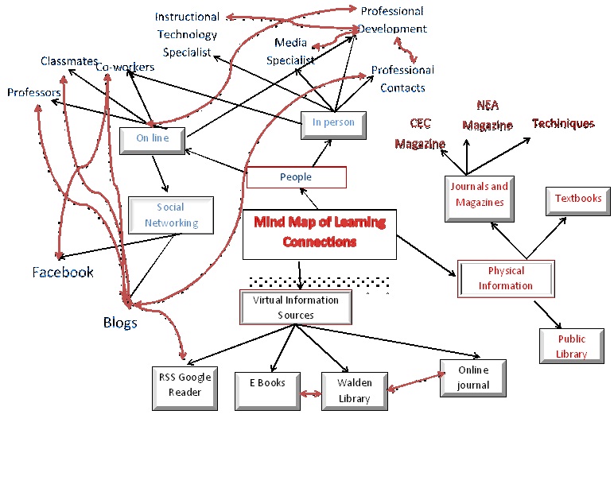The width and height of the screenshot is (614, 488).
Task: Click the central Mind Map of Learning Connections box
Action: (x=319, y=231)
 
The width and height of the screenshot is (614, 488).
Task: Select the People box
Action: (x=296, y=177)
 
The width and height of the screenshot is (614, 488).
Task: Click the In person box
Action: (x=332, y=123)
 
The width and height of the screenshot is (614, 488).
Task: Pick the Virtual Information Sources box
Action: (x=296, y=308)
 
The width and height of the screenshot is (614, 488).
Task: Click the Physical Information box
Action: (x=505, y=278)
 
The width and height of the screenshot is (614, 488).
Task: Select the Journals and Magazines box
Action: (x=480, y=196)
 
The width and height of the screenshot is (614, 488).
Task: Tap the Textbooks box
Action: (x=578, y=199)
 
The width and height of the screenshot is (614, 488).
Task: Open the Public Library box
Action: (x=571, y=347)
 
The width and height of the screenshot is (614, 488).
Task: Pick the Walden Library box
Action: (x=354, y=390)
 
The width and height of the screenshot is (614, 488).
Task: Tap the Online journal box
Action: (x=473, y=378)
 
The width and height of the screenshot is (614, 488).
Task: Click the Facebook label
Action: (x=63, y=273)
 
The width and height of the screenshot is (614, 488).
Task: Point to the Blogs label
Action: (x=120, y=322)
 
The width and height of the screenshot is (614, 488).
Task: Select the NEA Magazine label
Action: (x=488, y=115)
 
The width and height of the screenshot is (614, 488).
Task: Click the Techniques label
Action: (x=563, y=124)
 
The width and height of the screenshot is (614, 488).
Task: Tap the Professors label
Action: (x=34, y=93)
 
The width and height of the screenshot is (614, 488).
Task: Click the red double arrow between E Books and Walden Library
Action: (x=310, y=393)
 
